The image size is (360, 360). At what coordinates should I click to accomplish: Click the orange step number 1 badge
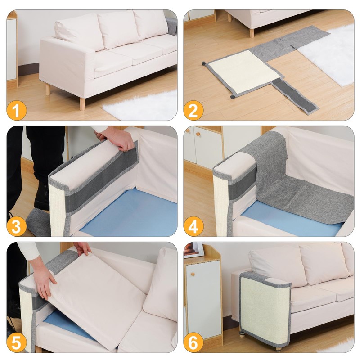[16, 110]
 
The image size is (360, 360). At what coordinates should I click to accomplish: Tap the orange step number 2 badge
[193, 110]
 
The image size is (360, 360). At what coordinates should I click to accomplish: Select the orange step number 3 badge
[16, 226]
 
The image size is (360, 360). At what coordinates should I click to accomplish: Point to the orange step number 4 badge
[193, 226]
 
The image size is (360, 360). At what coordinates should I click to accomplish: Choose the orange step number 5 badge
[16, 342]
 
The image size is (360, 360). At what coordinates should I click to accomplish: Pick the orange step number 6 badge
[193, 342]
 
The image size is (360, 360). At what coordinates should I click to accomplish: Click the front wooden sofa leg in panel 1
[82, 104]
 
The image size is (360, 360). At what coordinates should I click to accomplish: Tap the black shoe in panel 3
[42, 196]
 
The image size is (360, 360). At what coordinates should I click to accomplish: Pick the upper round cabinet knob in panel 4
[188, 130]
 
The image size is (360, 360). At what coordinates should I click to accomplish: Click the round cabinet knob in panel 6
[193, 274]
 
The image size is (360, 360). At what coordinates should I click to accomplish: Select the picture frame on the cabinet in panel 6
[193, 250]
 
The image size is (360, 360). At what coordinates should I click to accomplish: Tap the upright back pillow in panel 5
[161, 285]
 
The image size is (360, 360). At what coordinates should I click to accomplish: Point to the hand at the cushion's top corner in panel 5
[82, 248]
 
